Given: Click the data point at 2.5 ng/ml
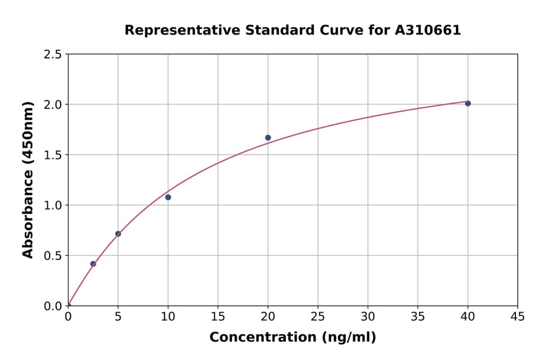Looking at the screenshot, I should point(93,264).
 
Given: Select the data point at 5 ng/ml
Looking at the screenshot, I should point(118,234).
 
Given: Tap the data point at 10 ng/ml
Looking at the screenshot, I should point(168,197).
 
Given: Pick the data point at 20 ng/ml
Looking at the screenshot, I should point(268,138).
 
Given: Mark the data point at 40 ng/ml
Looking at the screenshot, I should point(467,104).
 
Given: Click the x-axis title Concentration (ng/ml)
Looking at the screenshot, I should point(292,338).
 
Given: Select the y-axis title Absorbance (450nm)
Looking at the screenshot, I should point(28,180).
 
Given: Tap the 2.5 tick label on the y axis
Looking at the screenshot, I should point(53,55).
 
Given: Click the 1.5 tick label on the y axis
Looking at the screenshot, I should point(53,155).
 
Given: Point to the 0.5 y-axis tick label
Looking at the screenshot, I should point(53,256).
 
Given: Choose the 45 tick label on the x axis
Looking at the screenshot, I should point(517,316).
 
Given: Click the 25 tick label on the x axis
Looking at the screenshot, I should point(318,316).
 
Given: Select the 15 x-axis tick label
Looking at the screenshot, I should point(218,316).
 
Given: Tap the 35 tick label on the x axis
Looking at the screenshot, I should point(417,316).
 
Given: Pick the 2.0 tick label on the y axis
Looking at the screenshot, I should point(53,105).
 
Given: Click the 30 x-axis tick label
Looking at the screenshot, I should point(368,316).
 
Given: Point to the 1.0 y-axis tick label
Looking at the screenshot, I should point(53,205).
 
